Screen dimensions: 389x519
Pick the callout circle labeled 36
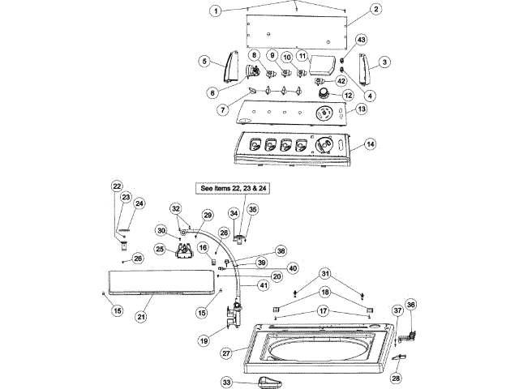[410, 305]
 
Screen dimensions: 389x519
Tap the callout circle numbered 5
[206, 60]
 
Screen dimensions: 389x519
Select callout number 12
[348, 96]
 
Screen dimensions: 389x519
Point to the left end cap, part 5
[229, 65]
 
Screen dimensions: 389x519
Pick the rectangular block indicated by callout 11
[326, 62]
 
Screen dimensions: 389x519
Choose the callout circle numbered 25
[160, 248]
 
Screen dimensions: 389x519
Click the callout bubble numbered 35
[252, 210]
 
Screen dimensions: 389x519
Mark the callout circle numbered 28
[397, 378]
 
